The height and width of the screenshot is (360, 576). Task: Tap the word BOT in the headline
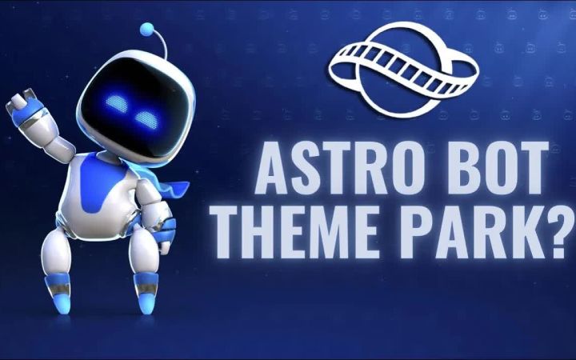[498, 168]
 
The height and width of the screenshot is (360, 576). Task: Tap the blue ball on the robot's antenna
[147, 29]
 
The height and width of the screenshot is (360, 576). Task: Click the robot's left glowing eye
[117, 103]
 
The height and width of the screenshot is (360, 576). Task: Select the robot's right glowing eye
[146, 119]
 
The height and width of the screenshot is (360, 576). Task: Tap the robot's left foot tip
[63, 306]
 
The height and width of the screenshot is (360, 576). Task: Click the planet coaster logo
[403, 70]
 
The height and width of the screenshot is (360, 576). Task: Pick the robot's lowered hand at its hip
[162, 235]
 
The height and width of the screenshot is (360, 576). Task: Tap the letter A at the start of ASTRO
[274, 168]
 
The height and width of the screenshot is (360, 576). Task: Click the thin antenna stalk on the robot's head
[162, 43]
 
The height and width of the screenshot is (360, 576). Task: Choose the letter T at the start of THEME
[230, 232]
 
